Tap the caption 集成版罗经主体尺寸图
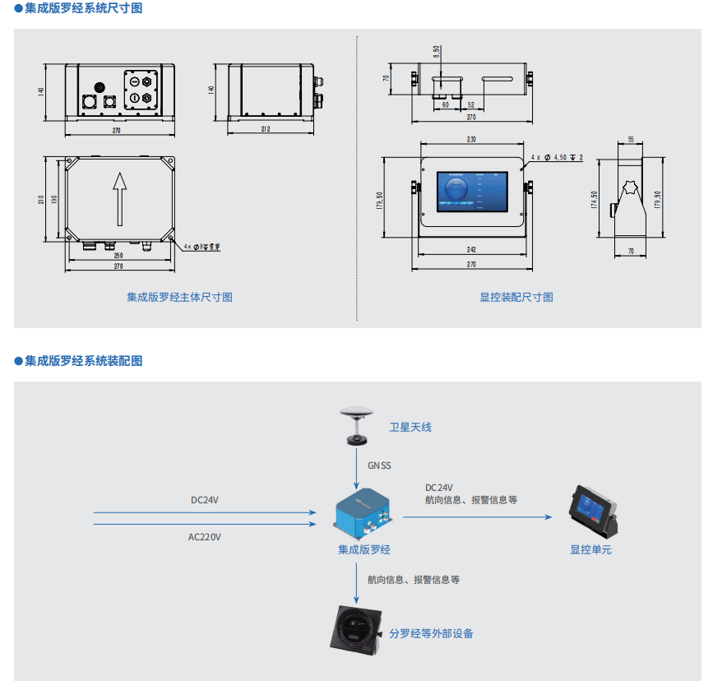click(179, 298)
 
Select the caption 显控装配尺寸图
click(516, 298)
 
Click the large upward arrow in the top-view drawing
click(121, 198)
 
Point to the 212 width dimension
click(266, 129)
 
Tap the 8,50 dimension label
click(437, 51)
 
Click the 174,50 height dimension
click(595, 200)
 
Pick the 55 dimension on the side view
click(631, 140)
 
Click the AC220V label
click(205, 537)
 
